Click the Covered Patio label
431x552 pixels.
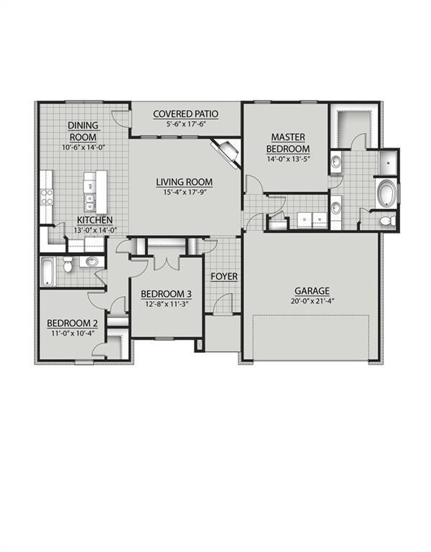point(186,114)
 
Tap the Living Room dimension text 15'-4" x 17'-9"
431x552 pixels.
point(185,192)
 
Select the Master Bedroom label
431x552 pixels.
point(288,142)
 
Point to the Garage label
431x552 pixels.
point(312,291)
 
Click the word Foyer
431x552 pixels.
point(224,276)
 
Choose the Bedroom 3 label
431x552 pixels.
point(166,293)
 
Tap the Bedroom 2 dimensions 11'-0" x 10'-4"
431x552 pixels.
point(72,333)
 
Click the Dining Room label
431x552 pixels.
point(83,131)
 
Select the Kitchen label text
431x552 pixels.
point(95,220)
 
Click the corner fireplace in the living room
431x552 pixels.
point(227,152)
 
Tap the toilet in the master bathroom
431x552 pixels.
point(386,221)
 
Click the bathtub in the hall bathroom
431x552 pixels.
point(48,271)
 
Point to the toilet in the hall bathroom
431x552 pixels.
point(68,264)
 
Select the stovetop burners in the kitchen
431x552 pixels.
point(47,197)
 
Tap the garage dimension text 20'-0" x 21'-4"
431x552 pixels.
point(312,301)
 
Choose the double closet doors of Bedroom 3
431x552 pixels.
point(167,262)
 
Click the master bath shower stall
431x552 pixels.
point(388,162)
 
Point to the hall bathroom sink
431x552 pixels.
point(92,262)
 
